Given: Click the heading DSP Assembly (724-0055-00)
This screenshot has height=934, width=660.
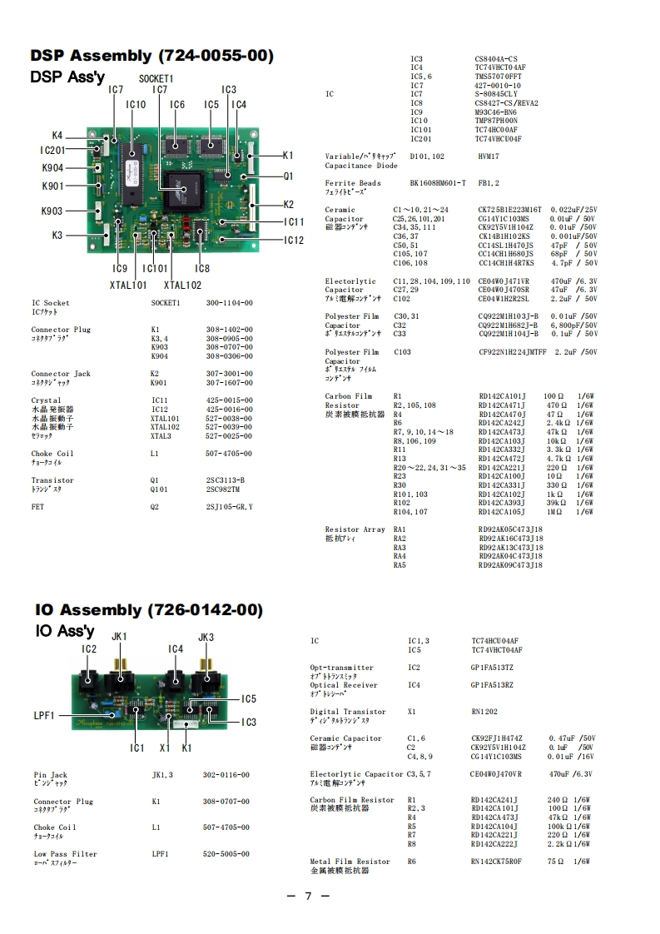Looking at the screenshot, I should click(x=151, y=56).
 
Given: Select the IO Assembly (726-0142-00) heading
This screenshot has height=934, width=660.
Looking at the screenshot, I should click(x=149, y=609).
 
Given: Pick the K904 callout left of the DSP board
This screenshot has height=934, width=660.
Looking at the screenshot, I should click(x=52, y=168).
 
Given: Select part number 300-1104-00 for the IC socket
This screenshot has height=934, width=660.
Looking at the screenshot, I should click(x=229, y=304).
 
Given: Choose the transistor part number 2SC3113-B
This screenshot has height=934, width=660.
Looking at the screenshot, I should click(x=225, y=480).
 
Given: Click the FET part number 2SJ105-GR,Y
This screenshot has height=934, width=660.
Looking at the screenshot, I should click(x=229, y=507).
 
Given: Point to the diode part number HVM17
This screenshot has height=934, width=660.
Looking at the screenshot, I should click(x=489, y=156).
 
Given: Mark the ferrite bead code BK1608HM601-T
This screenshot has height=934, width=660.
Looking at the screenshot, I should click(x=438, y=183).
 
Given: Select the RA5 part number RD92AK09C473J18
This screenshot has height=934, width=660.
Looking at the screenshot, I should click(x=510, y=565).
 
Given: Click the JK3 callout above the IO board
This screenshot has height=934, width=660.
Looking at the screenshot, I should click(x=206, y=637).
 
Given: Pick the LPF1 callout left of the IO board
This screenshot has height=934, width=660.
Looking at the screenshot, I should click(x=44, y=715).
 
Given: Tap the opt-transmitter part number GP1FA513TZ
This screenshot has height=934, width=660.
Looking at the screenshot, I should click(x=493, y=668).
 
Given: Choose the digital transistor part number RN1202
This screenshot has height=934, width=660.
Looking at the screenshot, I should click(x=484, y=712).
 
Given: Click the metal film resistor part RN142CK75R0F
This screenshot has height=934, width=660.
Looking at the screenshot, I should click(x=497, y=862).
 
